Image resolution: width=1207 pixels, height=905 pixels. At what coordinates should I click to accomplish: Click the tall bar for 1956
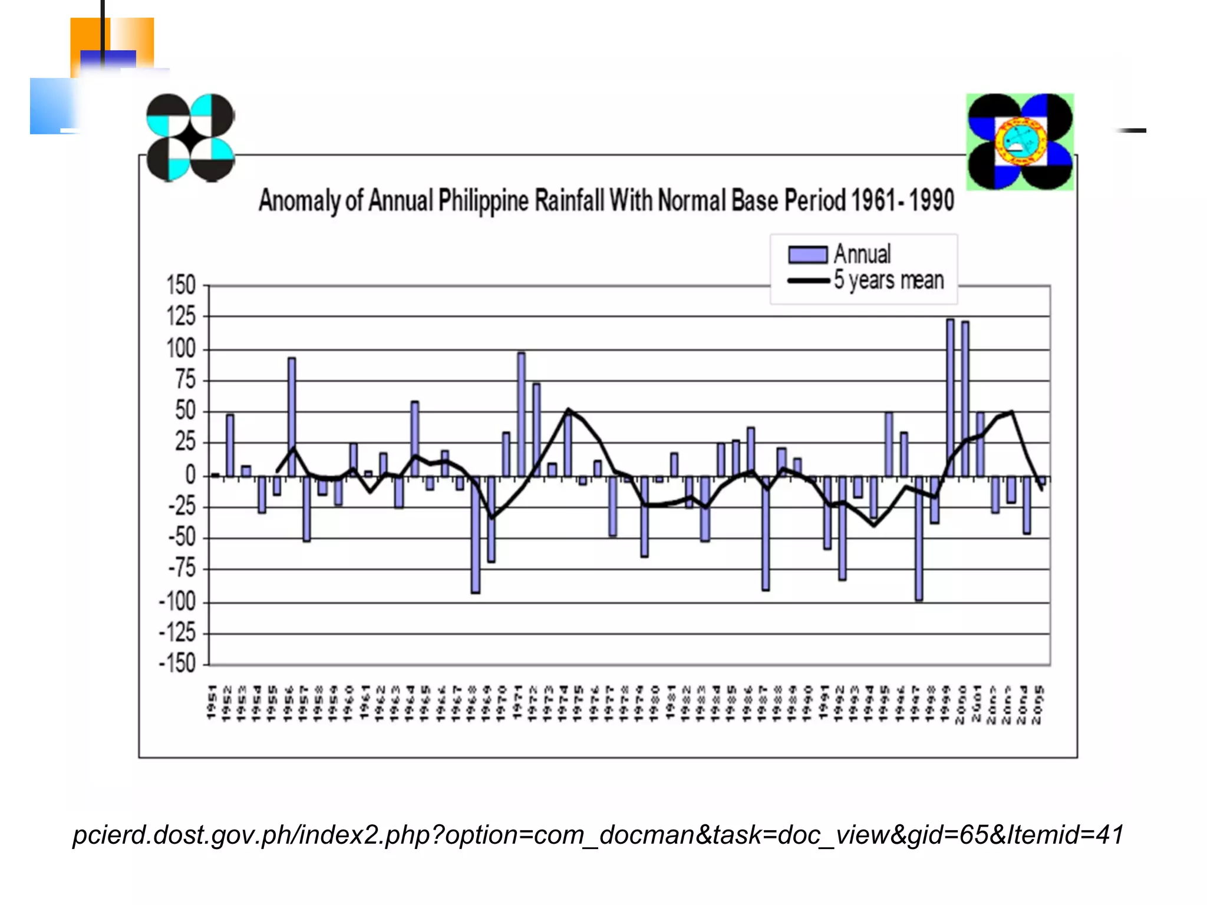[x=292, y=417]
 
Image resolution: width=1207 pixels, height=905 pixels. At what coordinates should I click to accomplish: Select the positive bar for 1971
[x=521, y=414]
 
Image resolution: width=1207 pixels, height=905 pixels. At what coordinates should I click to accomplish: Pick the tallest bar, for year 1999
[x=950, y=398]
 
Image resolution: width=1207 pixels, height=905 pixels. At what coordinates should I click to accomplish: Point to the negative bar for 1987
[x=766, y=533]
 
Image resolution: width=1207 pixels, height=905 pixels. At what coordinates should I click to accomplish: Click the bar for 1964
[x=415, y=438]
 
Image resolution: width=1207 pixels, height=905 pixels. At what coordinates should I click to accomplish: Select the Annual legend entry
[x=840, y=255]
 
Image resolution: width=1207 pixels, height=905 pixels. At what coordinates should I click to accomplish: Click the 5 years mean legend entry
[x=866, y=280]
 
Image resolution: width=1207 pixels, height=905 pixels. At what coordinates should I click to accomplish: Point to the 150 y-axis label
[x=180, y=286]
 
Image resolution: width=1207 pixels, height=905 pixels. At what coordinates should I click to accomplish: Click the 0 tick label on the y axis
[x=190, y=474]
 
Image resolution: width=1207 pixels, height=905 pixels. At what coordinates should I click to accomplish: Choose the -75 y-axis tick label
[x=182, y=569]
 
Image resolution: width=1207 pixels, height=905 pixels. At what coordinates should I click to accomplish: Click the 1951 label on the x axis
[x=212, y=702]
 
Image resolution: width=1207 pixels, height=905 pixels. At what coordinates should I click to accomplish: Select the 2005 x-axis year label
[x=1040, y=704]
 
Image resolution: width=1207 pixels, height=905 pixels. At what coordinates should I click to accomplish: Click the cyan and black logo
[x=190, y=137]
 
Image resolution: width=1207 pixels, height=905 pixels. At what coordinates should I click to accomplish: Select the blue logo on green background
[x=1020, y=142]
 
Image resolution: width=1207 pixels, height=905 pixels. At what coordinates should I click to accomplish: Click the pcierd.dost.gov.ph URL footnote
[x=598, y=835]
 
